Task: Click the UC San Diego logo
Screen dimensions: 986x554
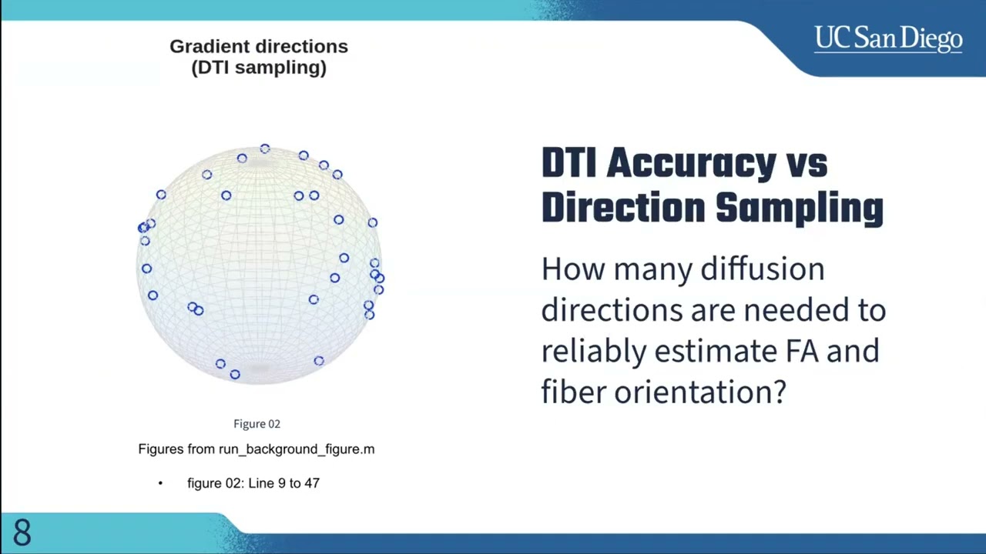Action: [888, 39]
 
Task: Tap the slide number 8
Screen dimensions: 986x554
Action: [22, 532]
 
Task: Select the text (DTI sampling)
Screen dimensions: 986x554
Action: [259, 68]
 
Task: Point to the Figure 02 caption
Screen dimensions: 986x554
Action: [257, 424]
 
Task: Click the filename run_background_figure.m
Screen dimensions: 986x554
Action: [297, 449]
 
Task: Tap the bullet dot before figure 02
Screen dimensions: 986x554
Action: [160, 484]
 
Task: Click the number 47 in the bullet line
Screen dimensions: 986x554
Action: [312, 483]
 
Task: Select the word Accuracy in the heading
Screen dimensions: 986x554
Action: [691, 164]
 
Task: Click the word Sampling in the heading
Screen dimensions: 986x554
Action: [800, 209]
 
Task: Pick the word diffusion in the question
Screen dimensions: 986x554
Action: [763, 269]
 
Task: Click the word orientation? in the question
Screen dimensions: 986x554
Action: [700, 392]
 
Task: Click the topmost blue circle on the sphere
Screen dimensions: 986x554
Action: [264, 149]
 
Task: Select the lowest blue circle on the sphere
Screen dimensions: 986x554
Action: [235, 374]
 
